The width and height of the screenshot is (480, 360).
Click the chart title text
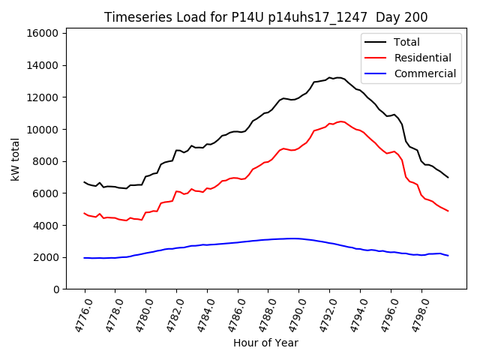[x=266, y=17]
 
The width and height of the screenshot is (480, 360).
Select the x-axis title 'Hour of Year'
[x=265, y=343]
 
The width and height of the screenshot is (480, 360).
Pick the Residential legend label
[x=422, y=58]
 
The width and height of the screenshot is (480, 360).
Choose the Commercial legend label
[x=424, y=73]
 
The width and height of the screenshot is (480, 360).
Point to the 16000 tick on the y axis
[x=43, y=34]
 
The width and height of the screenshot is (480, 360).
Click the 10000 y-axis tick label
[x=43, y=130]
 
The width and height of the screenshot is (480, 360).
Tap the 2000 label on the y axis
[x=46, y=257]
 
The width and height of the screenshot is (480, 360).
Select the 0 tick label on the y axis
[x=56, y=289]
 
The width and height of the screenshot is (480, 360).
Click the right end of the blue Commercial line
[x=448, y=256]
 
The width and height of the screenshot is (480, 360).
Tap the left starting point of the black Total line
[x=84, y=182]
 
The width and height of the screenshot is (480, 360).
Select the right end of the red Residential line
[x=448, y=211]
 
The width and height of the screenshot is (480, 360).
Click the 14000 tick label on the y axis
[x=43, y=66]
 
